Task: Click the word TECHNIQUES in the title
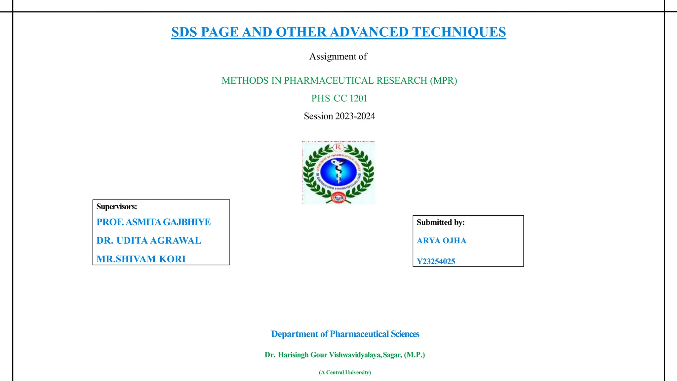coord(459,32)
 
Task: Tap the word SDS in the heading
coord(184,32)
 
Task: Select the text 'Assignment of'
coord(338,57)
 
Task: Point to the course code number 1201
coord(358,99)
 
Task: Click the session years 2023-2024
coord(355,116)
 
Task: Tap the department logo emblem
coord(338,173)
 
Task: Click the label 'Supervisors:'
coord(116,207)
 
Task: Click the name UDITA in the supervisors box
coord(132,241)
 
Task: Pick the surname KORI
coord(172,259)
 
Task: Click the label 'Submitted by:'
coord(440,223)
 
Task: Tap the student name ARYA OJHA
coord(441,241)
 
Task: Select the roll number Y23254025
coord(436,262)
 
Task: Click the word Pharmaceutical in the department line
coord(359,334)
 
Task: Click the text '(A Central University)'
coord(345,372)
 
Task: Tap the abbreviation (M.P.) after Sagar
coord(414,355)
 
